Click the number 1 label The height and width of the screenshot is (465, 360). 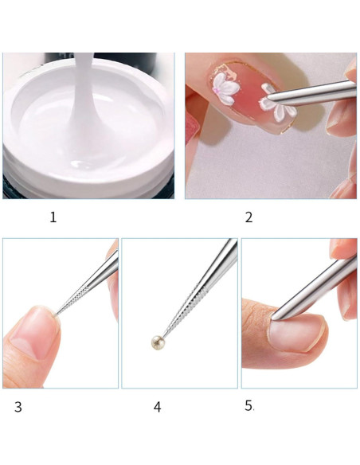[x=53, y=217]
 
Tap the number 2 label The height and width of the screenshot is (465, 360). [x=248, y=217]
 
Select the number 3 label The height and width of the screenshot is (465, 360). [x=18, y=407]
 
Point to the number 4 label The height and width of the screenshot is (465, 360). [x=157, y=407]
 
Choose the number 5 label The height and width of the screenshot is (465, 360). [x=248, y=405]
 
